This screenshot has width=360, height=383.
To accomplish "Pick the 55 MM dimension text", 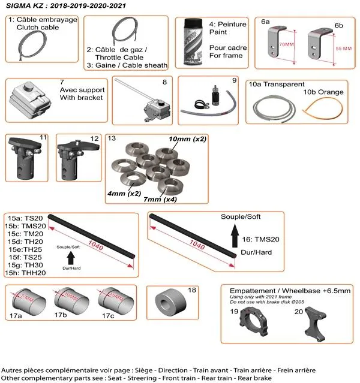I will click(343, 47).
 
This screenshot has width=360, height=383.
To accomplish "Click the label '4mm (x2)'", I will click(124, 194).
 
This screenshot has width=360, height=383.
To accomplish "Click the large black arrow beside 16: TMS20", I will click(235, 235).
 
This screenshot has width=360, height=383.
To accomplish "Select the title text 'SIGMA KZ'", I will click(24, 5).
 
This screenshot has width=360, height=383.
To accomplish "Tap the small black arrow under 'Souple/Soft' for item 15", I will click(71, 258).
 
